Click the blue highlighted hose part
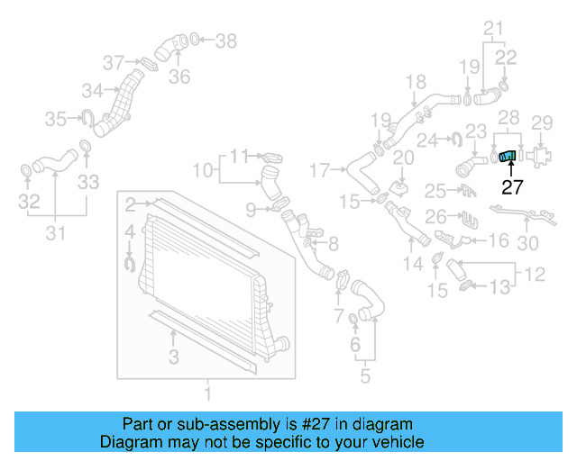point(508,158)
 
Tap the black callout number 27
point(512,187)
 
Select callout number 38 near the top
point(225,40)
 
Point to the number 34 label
point(92,90)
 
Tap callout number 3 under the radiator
point(173,357)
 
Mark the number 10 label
point(203,168)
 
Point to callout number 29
point(541,122)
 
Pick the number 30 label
point(528,243)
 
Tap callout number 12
point(534,271)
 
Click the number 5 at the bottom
point(364,375)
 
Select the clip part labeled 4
point(128,262)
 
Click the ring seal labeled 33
point(85,148)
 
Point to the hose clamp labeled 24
point(455,139)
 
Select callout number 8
point(333,242)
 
